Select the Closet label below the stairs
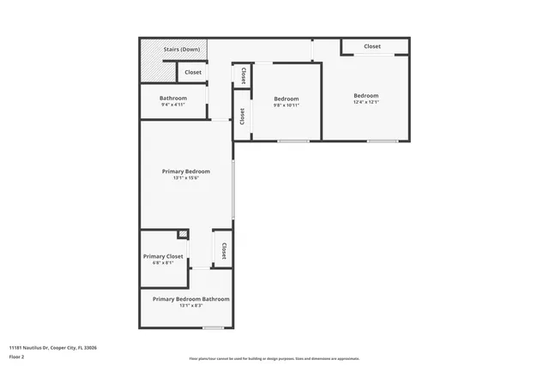pos(193,72)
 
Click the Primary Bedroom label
pos(185,171)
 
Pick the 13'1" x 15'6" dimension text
pos(185,178)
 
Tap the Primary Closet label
pos(163,256)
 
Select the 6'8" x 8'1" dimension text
pos(163,264)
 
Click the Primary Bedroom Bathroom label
pos(190,299)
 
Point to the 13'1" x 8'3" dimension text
pos(190,306)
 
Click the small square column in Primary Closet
pos(183,235)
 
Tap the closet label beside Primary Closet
pos(223,250)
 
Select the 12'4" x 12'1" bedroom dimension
pos(365,102)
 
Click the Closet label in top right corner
pos(372,46)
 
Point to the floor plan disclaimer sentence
pos(274,358)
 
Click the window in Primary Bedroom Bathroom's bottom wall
pos(213,327)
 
